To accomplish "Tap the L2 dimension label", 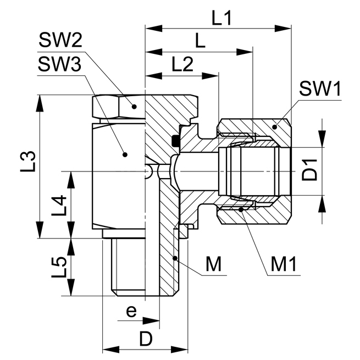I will click(x=181, y=64).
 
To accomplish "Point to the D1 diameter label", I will click(x=312, y=170).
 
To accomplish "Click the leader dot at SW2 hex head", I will click(x=134, y=104).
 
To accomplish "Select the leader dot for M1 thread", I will click(x=240, y=209).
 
